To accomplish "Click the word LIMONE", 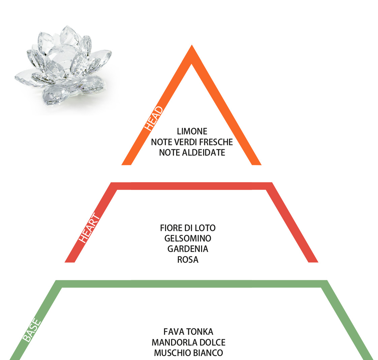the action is [x=192, y=131].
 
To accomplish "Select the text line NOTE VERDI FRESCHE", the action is [x=192, y=142].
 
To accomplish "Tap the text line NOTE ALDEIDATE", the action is [x=192, y=153].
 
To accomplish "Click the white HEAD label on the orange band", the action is [x=154, y=119].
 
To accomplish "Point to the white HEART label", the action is [x=89, y=228].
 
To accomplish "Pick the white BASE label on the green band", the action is [x=32, y=330].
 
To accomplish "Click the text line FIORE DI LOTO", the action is [x=188, y=228].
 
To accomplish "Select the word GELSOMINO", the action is [x=188, y=238].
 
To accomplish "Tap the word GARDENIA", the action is [x=188, y=249].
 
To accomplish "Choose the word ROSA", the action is [x=188, y=260].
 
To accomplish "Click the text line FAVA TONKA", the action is [x=188, y=332].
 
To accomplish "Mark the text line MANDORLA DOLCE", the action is [x=189, y=342].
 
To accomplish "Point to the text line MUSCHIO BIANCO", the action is [x=189, y=353].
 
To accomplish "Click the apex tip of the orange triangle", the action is [x=192, y=45].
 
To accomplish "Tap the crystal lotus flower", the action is [x=63, y=66].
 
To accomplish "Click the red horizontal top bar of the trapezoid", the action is [x=192, y=186].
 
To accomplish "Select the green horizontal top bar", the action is [x=192, y=284].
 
